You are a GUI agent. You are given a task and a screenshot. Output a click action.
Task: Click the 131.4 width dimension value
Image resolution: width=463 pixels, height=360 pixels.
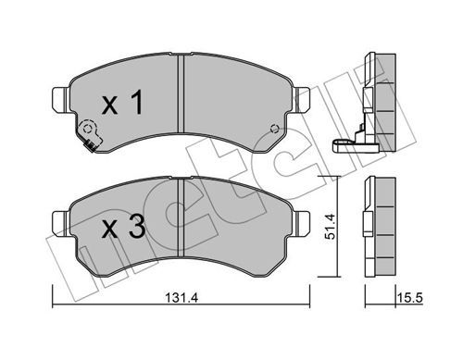(x=181, y=298)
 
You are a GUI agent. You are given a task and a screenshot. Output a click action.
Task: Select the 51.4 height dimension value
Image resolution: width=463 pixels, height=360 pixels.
(x=331, y=227)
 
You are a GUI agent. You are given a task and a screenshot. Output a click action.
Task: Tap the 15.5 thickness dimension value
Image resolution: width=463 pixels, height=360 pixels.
(x=409, y=298)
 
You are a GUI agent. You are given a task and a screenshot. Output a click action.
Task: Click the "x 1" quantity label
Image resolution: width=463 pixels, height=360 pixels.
(x=122, y=103)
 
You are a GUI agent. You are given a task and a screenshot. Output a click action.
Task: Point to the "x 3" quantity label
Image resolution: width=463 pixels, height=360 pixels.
(x=123, y=228)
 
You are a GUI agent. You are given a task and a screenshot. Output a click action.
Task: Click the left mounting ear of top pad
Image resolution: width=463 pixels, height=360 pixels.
(x=60, y=100)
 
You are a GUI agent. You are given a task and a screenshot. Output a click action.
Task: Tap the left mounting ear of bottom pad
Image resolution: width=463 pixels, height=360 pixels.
(x=60, y=224)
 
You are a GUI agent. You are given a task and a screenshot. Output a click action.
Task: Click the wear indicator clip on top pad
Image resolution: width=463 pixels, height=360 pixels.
(x=90, y=135)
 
